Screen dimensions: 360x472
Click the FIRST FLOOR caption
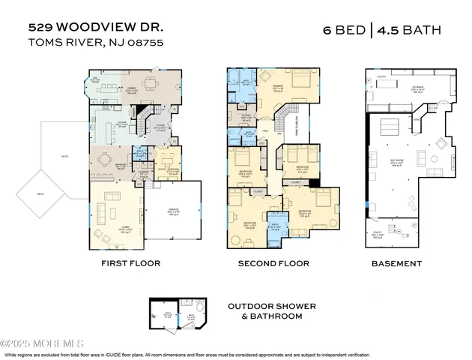[x=131, y=263]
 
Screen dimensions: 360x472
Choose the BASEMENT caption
[x=397, y=263]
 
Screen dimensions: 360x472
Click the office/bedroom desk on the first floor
[x=167, y=159]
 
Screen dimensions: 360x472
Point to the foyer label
[x=160, y=128]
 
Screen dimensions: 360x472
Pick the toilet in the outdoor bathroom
[x=200, y=310]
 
